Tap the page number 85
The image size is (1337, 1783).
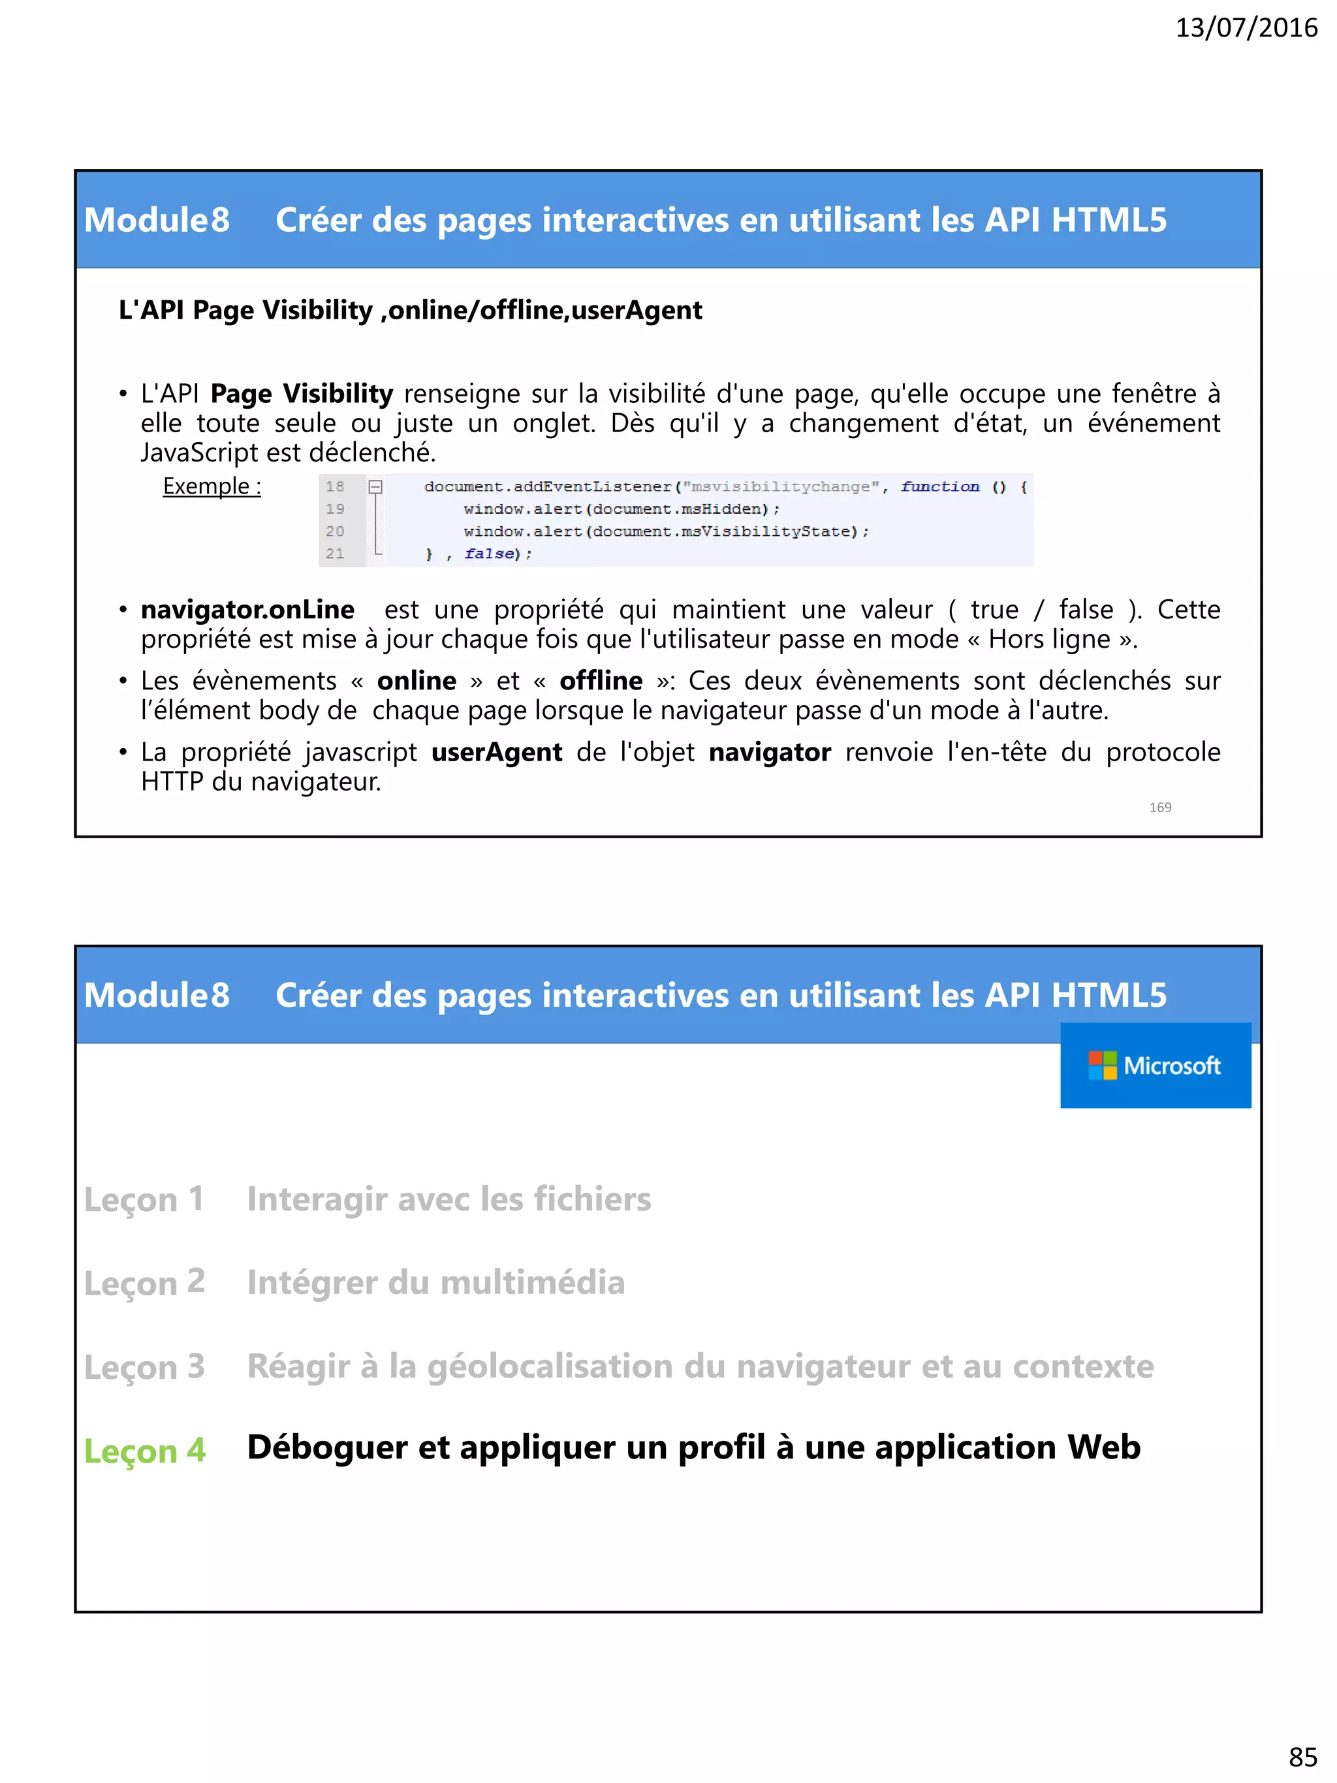[x=1302, y=1755]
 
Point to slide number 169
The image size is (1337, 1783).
[x=1159, y=807]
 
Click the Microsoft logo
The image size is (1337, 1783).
[x=1155, y=1065]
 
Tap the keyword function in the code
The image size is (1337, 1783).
[x=939, y=486]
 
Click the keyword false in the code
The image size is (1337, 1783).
[x=488, y=554]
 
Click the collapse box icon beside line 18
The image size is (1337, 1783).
[x=375, y=486]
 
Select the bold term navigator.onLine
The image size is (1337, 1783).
[x=247, y=609]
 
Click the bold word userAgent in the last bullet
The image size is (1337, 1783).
[x=496, y=752]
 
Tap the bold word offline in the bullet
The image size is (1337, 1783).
[x=601, y=681]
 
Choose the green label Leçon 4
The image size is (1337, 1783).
[x=145, y=1450]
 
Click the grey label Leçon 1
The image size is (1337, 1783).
[x=144, y=1199]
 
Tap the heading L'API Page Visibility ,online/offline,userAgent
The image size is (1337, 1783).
[x=410, y=310]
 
